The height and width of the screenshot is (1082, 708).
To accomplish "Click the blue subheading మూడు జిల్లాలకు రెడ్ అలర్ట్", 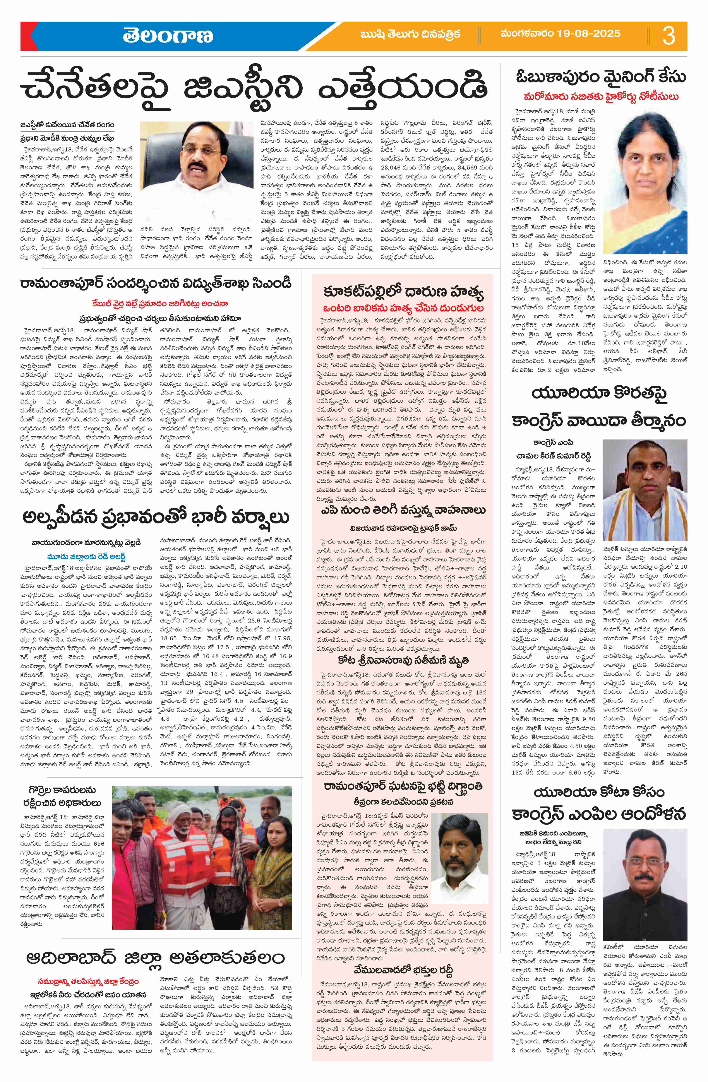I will [86, 556].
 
